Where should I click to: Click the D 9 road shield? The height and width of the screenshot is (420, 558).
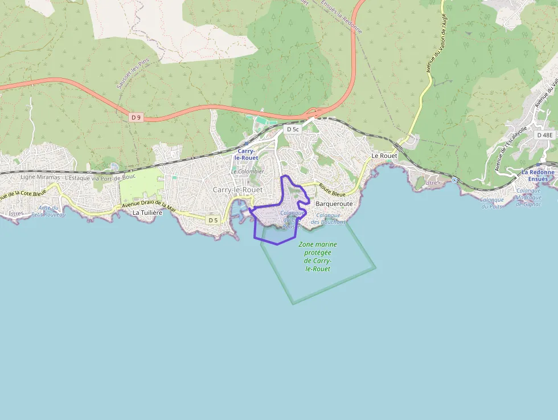coord(136,117)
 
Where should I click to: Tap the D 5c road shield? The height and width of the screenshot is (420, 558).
coord(293,129)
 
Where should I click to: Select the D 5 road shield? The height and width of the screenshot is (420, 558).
coord(213,220)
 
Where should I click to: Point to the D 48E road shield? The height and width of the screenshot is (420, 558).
coord(545,135)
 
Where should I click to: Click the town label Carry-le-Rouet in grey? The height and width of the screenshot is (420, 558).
coord(237,189)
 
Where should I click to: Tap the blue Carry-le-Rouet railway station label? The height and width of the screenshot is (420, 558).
coord(248,154)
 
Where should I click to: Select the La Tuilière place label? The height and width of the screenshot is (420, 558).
coord(147,213)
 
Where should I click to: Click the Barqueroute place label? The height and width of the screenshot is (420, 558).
coord(334,203)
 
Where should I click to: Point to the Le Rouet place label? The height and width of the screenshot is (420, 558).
coord(384,156)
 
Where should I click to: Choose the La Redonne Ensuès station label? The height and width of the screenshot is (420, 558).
coord(538,176)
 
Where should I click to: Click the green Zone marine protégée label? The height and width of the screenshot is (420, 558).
coord(318,256)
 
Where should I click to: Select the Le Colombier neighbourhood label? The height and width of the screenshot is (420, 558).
coord(248,171)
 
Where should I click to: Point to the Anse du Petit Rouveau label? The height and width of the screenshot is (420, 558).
coord(49,211)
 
